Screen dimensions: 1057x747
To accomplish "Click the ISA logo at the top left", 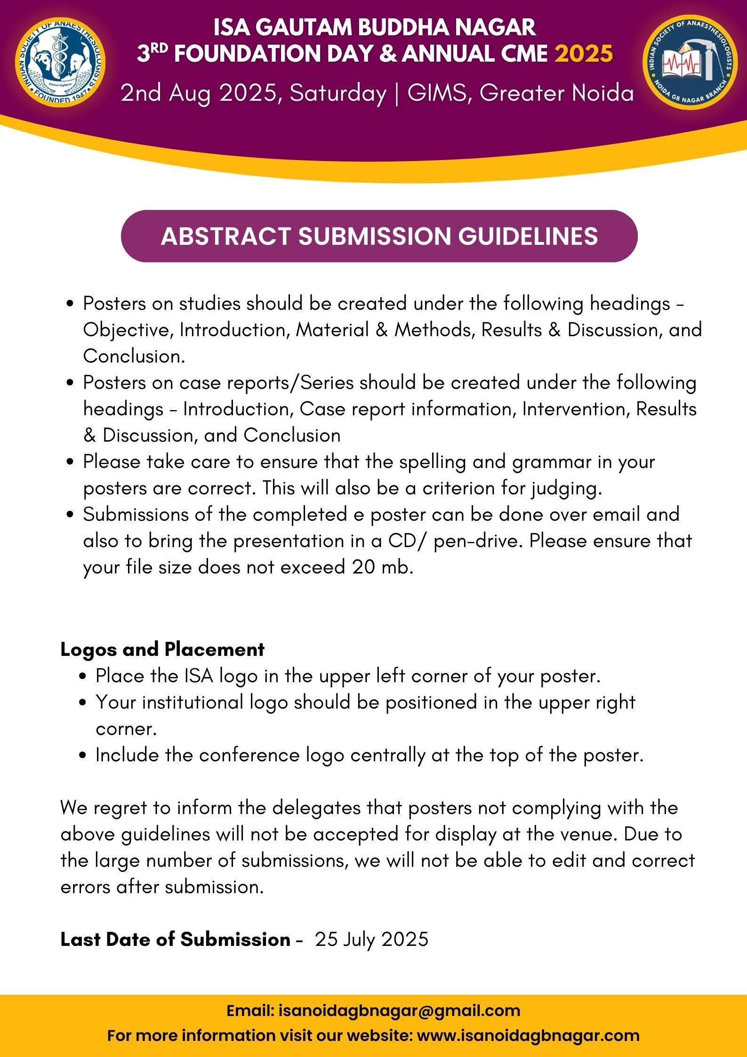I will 60,62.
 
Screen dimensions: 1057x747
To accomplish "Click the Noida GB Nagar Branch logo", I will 690,62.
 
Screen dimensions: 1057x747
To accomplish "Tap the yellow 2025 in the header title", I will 584,54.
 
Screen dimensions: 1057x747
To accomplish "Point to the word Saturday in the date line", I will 337,93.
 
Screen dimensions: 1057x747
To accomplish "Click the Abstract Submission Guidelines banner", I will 379,236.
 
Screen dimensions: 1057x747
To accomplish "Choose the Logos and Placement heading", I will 162,649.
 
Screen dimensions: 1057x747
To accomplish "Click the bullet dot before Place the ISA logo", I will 83,677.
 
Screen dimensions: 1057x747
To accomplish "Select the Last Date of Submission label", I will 175,939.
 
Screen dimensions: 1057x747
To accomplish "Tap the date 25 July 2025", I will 371,939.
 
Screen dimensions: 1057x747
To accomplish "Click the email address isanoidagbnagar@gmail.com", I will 399,1010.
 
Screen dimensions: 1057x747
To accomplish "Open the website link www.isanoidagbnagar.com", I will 528,1035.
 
